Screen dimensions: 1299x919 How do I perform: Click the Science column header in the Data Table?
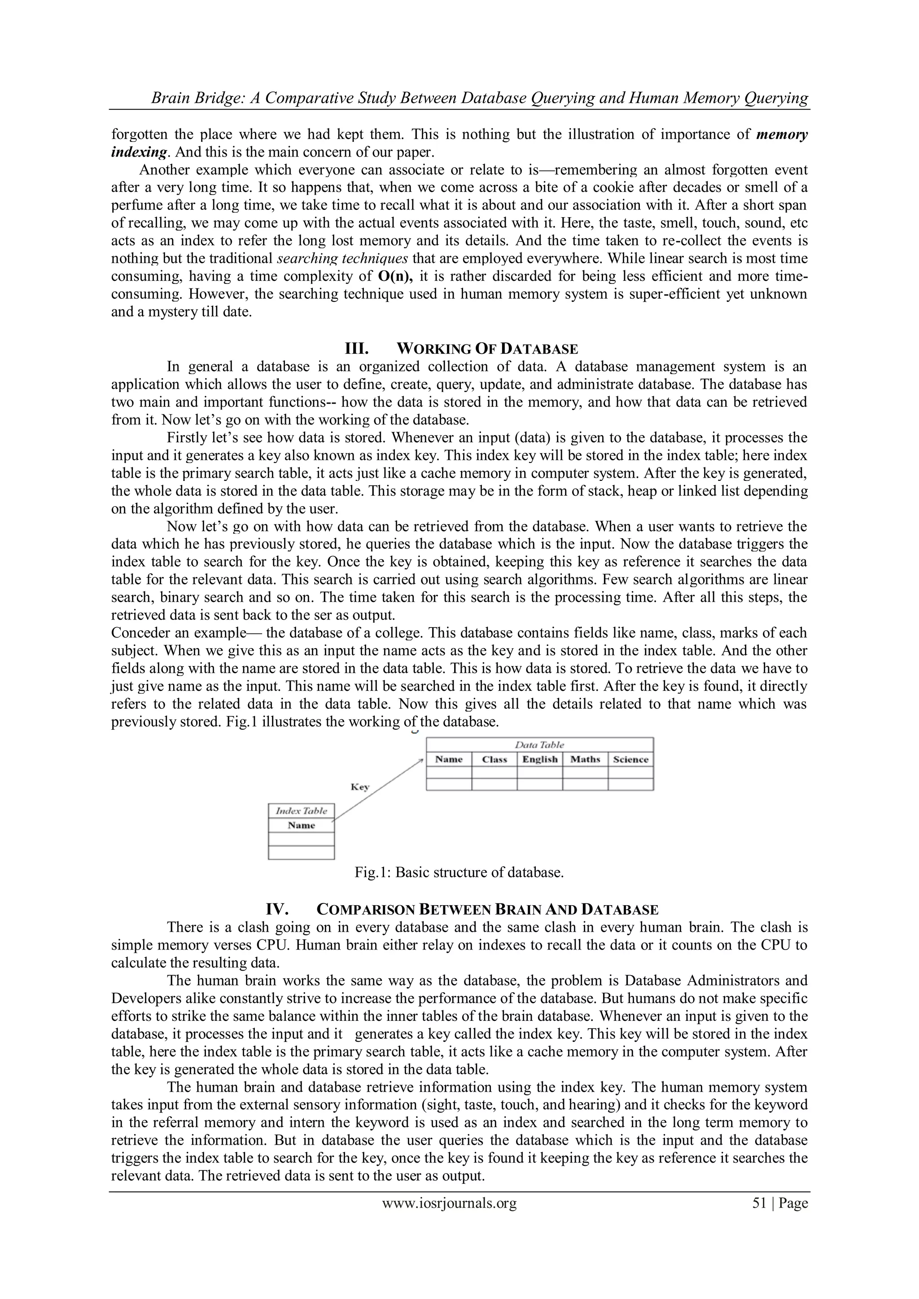630,759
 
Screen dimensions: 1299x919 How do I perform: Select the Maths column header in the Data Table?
585,759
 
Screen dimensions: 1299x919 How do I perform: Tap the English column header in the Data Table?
540,759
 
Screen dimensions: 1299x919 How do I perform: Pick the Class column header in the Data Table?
494,759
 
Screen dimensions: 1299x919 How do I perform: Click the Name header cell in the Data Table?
449,759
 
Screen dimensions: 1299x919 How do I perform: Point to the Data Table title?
539,745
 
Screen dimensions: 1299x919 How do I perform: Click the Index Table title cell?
301,811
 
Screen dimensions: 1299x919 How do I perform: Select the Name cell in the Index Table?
301,825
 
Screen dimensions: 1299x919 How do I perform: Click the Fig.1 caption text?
459,872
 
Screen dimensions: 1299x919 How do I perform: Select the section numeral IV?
278,909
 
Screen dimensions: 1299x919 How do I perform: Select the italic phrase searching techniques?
342,258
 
